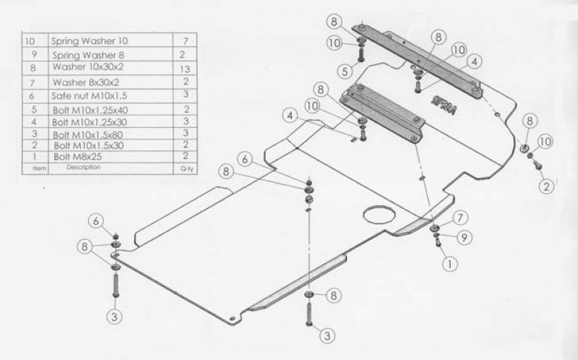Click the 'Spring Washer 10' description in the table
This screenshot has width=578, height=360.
click(89, 40)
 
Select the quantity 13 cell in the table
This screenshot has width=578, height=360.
click(185, 69)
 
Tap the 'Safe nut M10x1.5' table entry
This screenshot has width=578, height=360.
click(89, 96)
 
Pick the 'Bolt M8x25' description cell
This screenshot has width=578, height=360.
click(77, 157)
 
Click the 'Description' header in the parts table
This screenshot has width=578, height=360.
click(83, 167)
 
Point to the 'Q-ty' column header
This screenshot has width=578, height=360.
click(186, 169)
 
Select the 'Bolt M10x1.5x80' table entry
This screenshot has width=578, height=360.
click(87, 134)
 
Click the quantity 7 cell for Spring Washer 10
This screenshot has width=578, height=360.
click(186, 40)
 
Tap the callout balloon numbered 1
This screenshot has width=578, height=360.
click(449, 264)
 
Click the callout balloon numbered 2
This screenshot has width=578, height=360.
click(546, 186)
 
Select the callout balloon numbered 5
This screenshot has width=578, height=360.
click(345, 71)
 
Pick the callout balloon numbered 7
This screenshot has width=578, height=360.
click(460, 218)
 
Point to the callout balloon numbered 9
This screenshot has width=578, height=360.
click(465, 238)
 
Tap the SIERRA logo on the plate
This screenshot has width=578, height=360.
click(443, 105)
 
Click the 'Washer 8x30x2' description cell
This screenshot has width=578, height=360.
click(86, 82)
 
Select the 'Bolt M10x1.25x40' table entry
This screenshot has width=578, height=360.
click(90, 110)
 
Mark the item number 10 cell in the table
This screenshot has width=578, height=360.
click(30, 41)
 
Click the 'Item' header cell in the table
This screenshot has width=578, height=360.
click(40, 168)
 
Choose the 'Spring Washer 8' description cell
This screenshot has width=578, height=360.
click(88, 55)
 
